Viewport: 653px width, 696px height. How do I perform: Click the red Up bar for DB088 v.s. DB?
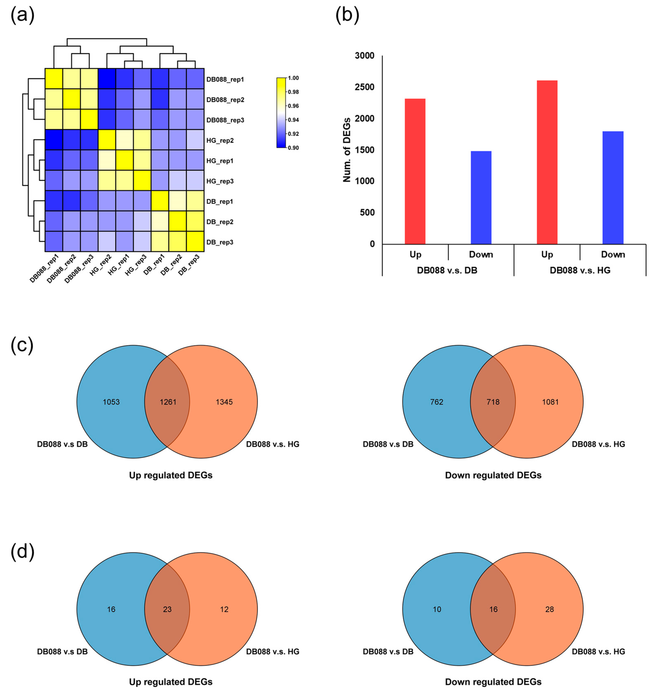[415, 171]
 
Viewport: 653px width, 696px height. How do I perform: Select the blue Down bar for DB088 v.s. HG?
[613, 188]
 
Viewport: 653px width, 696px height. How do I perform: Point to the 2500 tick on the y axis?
[364, 87]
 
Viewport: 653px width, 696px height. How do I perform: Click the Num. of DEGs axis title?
[347, 150]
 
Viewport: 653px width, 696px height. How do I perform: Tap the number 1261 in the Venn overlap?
[168, 402]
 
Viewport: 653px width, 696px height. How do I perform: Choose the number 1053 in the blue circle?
[111, 402]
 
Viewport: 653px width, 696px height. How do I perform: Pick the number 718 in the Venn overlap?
[493, 402]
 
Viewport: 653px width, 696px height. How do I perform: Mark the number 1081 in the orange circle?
[550, 402]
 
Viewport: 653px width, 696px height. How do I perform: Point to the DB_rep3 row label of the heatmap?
[220, 242]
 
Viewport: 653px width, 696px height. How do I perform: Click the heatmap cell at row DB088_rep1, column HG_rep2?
[107, 79]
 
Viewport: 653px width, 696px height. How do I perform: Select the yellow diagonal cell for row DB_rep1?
[160, 201]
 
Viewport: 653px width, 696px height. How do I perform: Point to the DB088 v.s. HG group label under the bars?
[580, 270]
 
